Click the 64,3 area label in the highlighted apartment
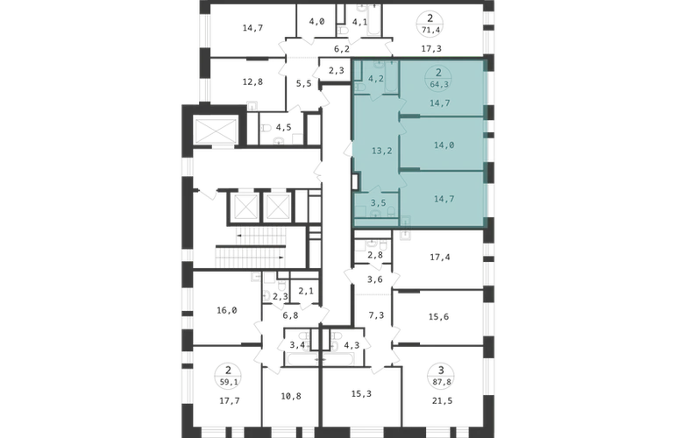pos(439,84)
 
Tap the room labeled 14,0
pos(444,145)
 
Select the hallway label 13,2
pos(382,151)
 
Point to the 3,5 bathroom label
pos(379,202)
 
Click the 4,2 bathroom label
pos(376,79)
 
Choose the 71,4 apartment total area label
pos(430,29)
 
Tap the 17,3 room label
pos(431,49)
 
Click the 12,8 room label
pos(252,81)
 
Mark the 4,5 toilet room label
pos(284,127)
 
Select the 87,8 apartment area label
pos(440,381)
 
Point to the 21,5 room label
pos(442,401)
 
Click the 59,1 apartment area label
pos(228,381)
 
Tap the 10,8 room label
pos(291,396)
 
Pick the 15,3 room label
pos(361,393)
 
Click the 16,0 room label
pos(227,310)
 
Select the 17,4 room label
pos(440,258)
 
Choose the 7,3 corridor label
pos(376,315)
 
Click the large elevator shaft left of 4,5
pos(217,131)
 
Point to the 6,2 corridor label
pos(342,49)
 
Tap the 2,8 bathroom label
pos(375,255)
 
